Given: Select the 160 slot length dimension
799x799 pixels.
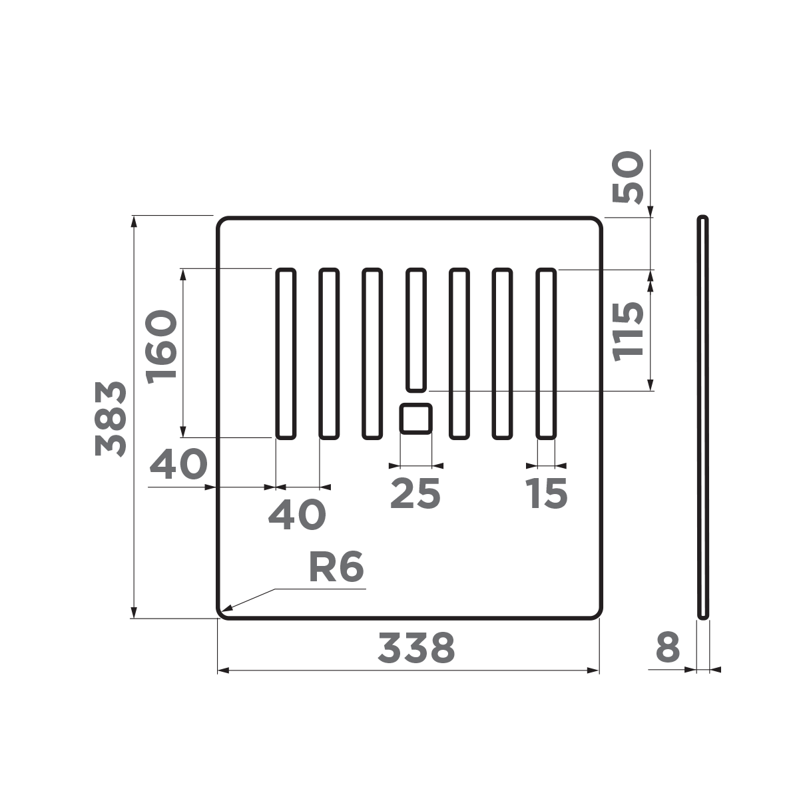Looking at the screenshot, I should [163, 345].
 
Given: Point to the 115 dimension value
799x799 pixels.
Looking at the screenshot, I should [629, 331].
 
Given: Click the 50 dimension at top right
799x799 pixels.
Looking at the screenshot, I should [629, 177].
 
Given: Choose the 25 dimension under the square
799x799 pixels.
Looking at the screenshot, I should [415, 493].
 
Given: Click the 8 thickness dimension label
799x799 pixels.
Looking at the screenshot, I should [668, 648].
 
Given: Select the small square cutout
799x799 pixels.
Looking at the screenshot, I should [416, 419].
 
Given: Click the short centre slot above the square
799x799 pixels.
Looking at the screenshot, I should [416, 330].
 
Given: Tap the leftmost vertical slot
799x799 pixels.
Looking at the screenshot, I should [286, 354].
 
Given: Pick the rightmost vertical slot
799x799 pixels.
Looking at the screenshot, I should [547, 354].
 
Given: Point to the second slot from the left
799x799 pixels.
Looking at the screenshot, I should [329, 354].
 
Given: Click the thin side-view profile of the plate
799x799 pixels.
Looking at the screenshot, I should [702, 417].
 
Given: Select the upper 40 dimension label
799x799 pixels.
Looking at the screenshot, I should [178, 465].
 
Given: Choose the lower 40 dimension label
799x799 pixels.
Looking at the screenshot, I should [297, 514].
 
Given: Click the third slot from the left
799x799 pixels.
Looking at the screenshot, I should [372, 354].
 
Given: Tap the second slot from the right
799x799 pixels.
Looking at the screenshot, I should [503, 354].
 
